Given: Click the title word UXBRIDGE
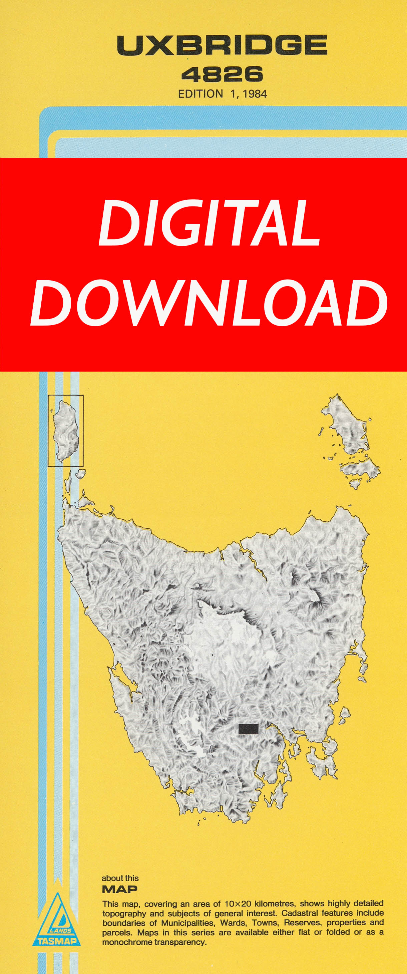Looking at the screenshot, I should (x=222, y=45).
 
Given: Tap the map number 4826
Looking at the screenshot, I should (x=222, y=74).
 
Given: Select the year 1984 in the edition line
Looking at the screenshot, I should (x=255, y=94).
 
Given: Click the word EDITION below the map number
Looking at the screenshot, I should (x=200, y=94).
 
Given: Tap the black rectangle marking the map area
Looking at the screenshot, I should (x=248, y=728).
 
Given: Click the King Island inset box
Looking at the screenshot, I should (x=65, y=430).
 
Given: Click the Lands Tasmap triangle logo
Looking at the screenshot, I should (x=57, y=920).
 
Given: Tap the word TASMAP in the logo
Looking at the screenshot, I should (x=57, y=941).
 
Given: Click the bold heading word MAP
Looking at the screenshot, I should (x=119, y=889).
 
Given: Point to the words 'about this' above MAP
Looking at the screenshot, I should (x=120, y=878).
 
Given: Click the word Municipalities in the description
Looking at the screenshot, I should (x=187, y=923).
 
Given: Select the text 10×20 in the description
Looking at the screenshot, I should (x=238, y=904).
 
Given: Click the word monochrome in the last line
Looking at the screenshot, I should (x=127, y=942).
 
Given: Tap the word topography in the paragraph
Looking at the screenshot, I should (x=124, y=914).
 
